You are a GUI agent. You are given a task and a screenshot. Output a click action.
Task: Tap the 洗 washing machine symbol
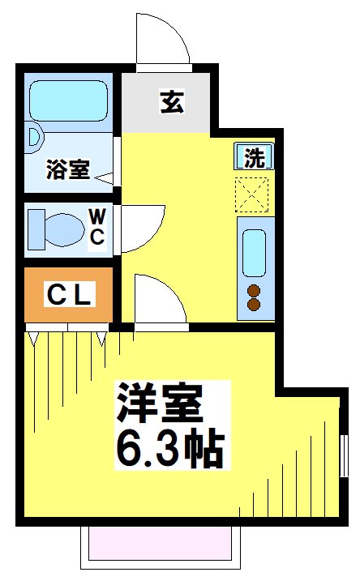(x=254, y=157)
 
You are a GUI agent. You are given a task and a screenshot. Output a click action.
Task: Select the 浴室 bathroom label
(x=68, y=171)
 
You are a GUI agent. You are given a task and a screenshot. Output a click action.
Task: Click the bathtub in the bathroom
(x=70, y=101)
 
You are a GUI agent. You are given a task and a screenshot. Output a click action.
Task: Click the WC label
(x=96, y=226)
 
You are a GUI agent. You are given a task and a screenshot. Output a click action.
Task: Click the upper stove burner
(x=254, y=291)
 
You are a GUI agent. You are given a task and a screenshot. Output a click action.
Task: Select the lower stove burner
(x=254, y=306)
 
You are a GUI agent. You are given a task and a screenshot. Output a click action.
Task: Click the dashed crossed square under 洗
(x=254, y=193)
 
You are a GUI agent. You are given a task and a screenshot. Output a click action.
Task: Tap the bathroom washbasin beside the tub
(x=32, y=138)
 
